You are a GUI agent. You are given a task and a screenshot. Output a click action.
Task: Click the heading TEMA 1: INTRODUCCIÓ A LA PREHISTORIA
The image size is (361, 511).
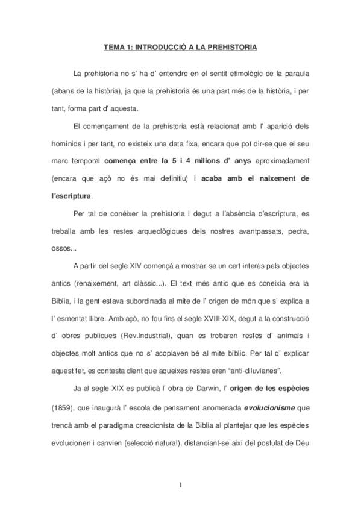click(180, 45)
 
